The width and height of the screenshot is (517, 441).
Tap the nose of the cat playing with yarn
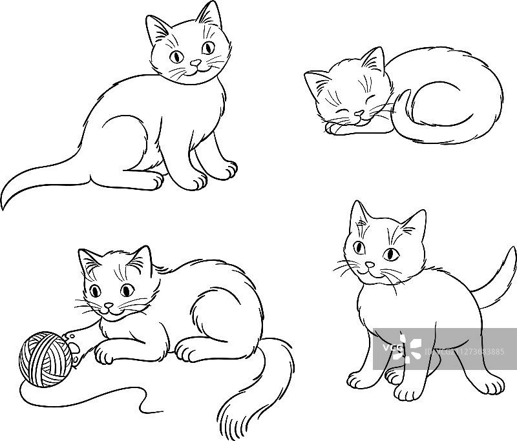(x=109, y=306)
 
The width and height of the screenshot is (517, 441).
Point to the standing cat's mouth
(x=370, y=274)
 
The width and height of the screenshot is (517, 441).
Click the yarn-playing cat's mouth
(x=111, y=313)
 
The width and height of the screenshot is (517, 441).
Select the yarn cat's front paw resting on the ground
(x=105, y=353)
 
